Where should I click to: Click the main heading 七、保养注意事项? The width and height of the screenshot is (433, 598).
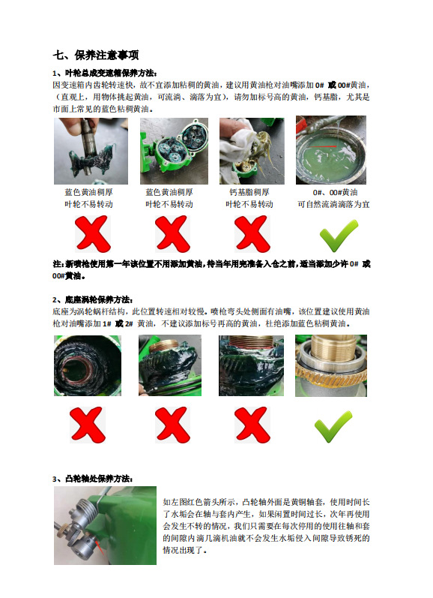[96, 55]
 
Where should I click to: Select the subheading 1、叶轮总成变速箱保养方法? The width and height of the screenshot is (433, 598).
[105, 73]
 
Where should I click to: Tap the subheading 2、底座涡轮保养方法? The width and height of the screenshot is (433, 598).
[93, 299]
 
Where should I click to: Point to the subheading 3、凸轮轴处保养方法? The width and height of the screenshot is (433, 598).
[93, 478]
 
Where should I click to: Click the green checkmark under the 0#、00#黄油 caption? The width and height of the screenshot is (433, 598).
[339, 236]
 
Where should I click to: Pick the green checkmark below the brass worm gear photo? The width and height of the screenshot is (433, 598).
[333, 427]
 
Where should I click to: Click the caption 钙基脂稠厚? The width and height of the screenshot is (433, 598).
[249, 192]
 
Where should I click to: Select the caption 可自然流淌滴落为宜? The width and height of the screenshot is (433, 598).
[333, 204]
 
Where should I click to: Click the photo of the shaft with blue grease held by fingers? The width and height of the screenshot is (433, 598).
[91, 151]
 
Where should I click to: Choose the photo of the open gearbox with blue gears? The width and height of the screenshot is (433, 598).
[174, 151]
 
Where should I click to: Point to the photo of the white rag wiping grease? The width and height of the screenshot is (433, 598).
[252, 151]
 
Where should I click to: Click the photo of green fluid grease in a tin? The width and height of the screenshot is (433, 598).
[331, 150]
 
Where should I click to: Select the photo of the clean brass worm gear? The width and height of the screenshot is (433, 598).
[331, 365]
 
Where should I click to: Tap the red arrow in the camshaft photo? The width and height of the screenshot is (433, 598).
[100, 547]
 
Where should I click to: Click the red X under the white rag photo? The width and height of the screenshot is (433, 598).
[252, 234]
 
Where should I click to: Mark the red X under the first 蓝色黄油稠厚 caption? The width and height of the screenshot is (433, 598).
[93, 234]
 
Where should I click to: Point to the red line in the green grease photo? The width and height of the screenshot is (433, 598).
[324, 147]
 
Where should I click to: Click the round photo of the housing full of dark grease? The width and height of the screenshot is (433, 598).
[88, 365]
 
